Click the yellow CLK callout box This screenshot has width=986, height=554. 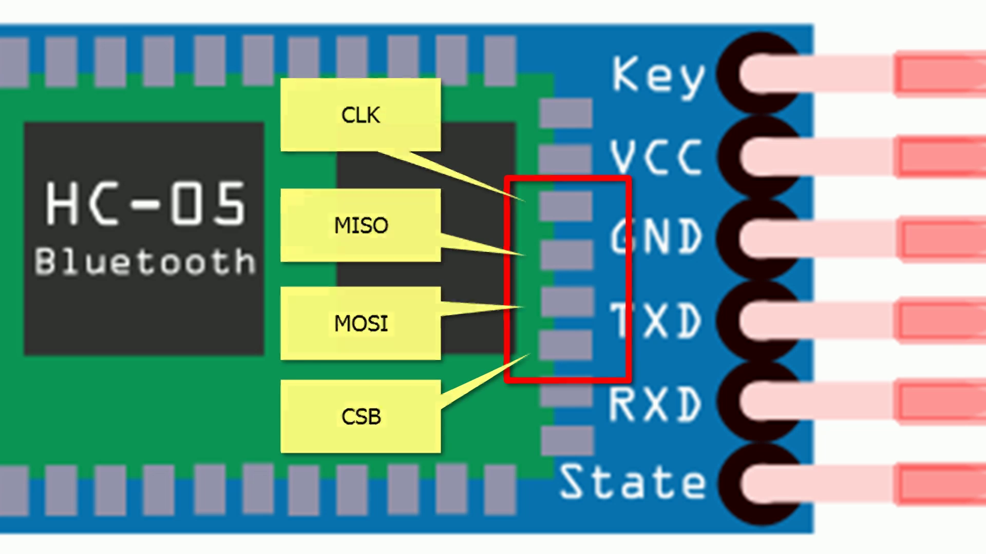(x=361, y=115)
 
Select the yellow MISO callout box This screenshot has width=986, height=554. (x=361, y=225)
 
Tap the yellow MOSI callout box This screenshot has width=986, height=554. (x=361, y=323)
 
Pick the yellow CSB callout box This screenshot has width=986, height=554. (x=361, y=417)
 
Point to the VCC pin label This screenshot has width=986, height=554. (x=656, y=157)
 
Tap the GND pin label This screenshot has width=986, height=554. (x=656, y=237)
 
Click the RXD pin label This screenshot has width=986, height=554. (x=655, y=404)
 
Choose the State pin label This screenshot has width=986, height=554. (x=633, y=482)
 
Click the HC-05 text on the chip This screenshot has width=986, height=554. (x=146, y=204)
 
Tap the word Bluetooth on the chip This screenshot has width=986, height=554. (x=145, y=262)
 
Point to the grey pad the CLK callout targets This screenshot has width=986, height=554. (x=566, y=205)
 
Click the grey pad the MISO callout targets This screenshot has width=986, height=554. (x=566, y=254)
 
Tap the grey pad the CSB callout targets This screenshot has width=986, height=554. (x=566, y=345)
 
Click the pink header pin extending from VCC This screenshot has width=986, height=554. (x=873, y=157)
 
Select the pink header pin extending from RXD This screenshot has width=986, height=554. (x=873, y=401)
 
